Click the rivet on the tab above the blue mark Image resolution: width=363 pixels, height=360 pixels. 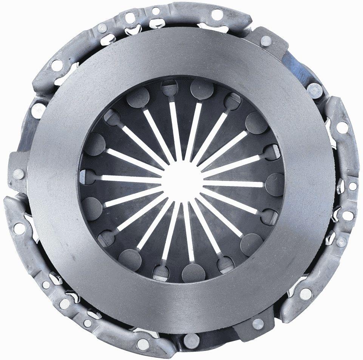tap(266, 39)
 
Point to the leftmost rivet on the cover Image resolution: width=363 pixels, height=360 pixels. tap(18, 174)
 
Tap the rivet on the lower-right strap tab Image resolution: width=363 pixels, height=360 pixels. tap(258, 323)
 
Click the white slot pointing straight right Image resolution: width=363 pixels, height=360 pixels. tap(234, 184)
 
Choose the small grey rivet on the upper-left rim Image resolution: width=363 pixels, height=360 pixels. tap(102, 27)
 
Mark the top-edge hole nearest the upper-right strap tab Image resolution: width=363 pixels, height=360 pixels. tap(217, 15)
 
